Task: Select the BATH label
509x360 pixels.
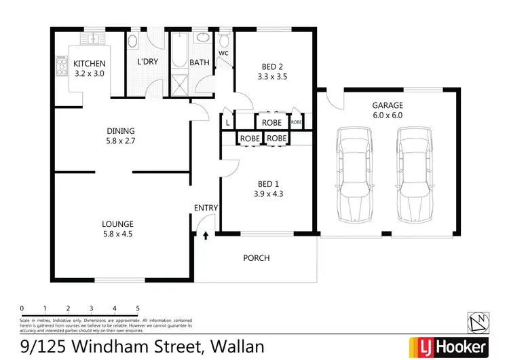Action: click(x=200, y=62)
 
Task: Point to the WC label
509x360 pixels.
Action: click(x=223, y=52)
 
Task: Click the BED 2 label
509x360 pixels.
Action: click(x=272, y=67)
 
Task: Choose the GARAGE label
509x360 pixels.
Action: click(x=388, y=105)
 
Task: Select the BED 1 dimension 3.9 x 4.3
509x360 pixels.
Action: click(x=268, y=194)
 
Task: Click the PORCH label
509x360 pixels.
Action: click(x=257, y=258)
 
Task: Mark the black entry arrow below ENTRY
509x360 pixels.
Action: click(x=206, y=236)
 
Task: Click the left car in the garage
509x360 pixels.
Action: click(x=356, y=177)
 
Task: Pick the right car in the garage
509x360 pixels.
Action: click(x=413, y=177)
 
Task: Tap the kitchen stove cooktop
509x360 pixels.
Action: click(x=61, y=67)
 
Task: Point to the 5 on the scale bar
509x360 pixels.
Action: click(x=138, y=308)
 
